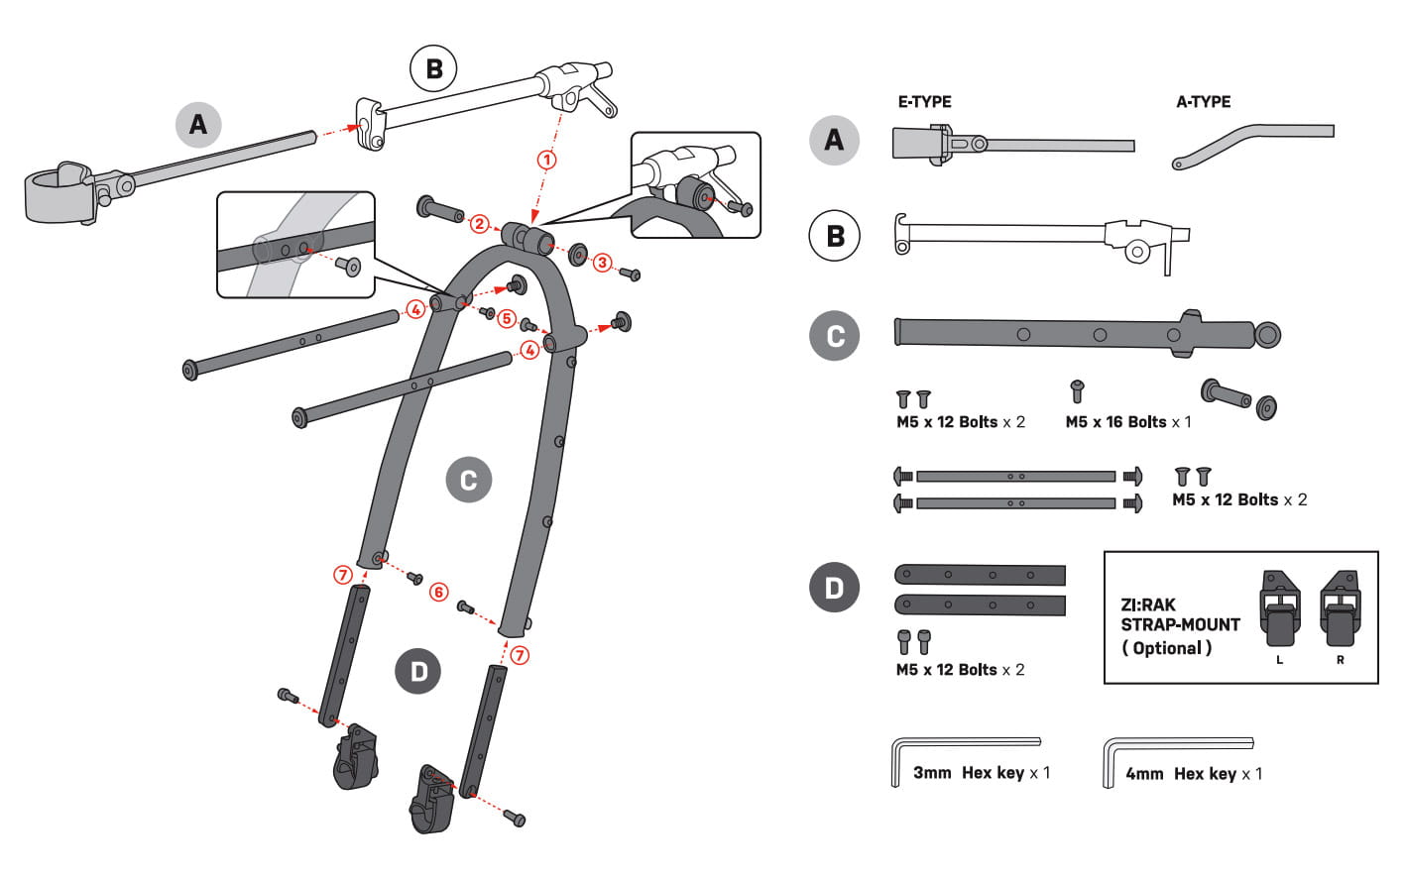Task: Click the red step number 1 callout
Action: [x=546, y=159]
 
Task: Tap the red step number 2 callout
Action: [x=480, y=224]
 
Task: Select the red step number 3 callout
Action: [x=602, y=263]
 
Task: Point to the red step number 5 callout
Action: [x=507, y=318]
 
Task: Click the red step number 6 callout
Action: [x=438, y=592]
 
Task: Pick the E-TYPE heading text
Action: [x=924, y=101]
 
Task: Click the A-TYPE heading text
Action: [x=1203, y=101]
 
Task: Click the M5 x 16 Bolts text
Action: [x=1115, y=422]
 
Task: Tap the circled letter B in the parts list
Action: [x=835, y=237]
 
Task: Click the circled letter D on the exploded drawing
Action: [x=418, y=672]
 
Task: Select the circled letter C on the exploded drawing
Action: [x=468, y=481]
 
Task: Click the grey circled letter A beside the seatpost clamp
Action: [x=198, y=124]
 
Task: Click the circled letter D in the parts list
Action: [x=834, y=588]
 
